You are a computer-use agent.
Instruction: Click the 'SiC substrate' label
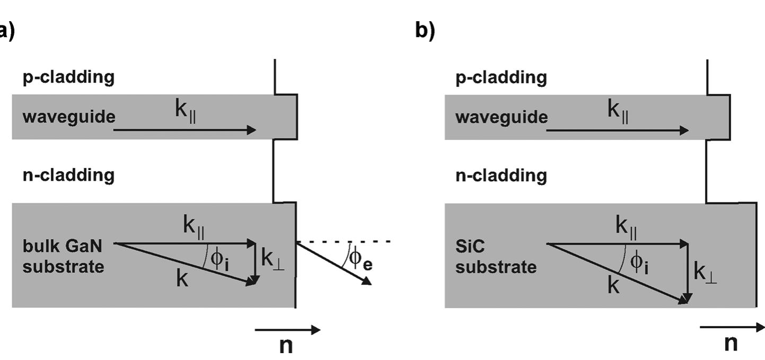click(x=496, y=257)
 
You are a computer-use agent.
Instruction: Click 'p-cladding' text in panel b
click(x=501, y=77)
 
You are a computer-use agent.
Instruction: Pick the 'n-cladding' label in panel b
click(x=501, y=175)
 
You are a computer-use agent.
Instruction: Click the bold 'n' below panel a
click(x=286, y=345)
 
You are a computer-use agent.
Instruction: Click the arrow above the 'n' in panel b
click(x=732, y=327)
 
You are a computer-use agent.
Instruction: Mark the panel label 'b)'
click(x=425, y=30)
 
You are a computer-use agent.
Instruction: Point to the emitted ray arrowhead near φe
click(x=366, y=282)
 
